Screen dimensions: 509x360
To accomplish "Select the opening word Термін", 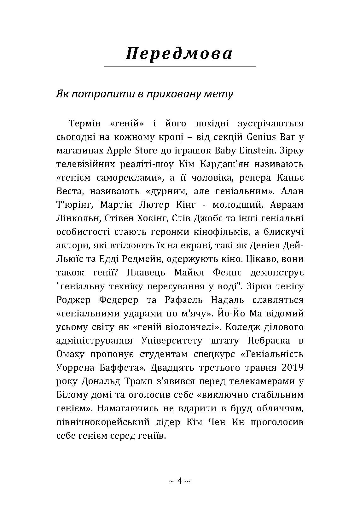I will pos(85,123).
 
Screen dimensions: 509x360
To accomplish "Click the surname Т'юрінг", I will pos(74,205).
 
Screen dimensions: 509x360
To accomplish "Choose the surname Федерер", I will pos(119,300).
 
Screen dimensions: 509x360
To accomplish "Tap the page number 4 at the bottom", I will pos(180,481).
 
